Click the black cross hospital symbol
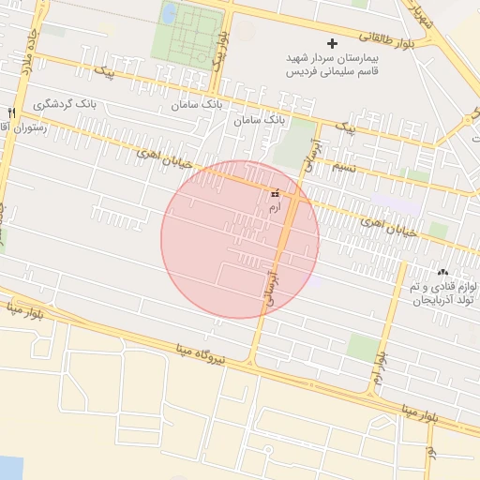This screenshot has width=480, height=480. [x=332, y=43]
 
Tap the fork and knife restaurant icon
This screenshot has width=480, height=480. [x=11, y=112]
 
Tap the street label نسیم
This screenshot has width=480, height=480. [x=343, y=166]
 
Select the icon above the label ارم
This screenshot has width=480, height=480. [x=274, y=192]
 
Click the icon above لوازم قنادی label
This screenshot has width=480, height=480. [x=442, y=272]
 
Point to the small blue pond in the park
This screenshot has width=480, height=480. [x=169, y=14]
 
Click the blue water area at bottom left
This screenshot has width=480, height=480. [x=9, y=467]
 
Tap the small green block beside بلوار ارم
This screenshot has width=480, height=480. [x=362, y=347]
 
